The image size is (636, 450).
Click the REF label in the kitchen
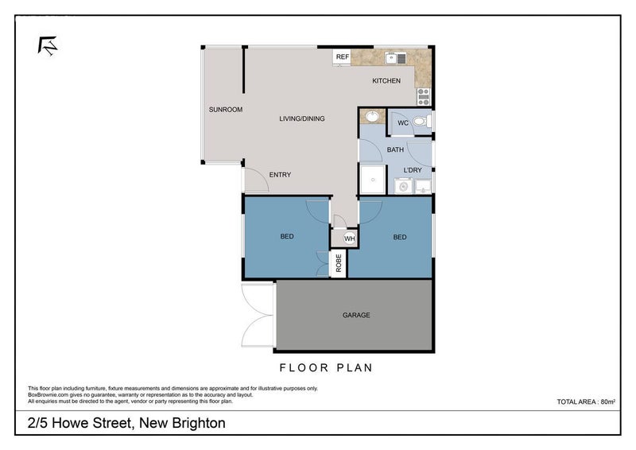343,57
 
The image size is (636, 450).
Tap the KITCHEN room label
387,81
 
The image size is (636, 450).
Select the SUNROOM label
225,110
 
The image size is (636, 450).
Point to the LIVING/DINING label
301,118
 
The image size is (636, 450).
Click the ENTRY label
280,175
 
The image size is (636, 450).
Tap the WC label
402,123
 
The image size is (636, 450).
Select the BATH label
395,149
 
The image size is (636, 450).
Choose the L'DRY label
413,170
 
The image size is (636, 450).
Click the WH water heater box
349,238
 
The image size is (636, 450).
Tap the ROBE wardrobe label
339,263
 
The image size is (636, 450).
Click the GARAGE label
356,316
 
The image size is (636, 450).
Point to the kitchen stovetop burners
423,96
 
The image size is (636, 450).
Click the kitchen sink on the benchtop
395,57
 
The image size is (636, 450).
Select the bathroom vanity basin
371,118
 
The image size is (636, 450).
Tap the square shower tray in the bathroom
371,180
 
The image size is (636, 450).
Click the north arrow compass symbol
48,45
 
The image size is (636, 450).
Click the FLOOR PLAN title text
326,368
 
